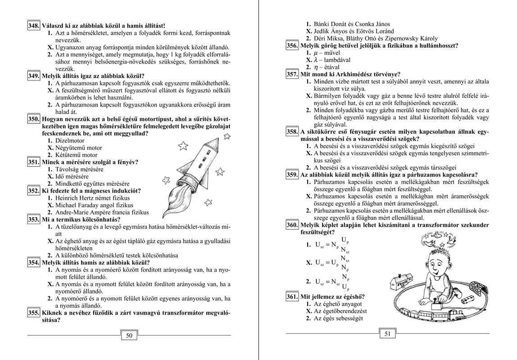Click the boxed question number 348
click(x=34, y=26)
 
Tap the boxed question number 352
click(x=34, y=191)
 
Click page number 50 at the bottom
click(x=129, y=335)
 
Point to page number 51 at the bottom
click(x=387, y=334)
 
